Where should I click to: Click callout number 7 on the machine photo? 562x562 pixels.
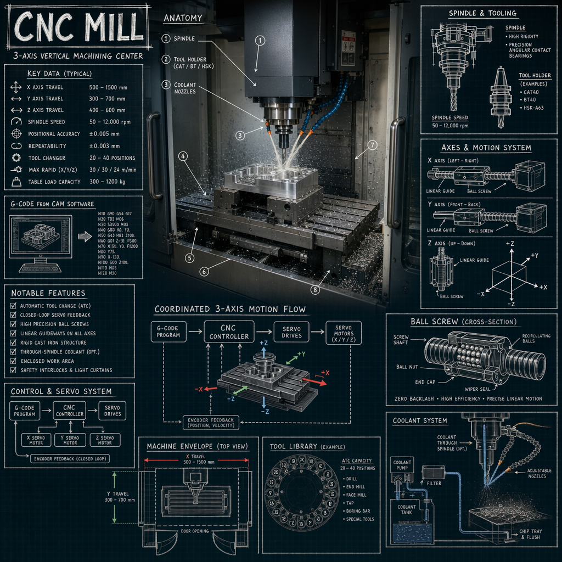(x=373, y=145)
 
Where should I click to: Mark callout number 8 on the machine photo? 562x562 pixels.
(x=314, y=290)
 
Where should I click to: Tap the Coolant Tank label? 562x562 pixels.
(x=407, y=510)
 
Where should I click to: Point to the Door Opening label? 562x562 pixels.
(x=195, y=531)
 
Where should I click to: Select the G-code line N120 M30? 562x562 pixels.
(x=104, y=273)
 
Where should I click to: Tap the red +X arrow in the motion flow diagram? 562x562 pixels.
(x=313, y=378)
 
